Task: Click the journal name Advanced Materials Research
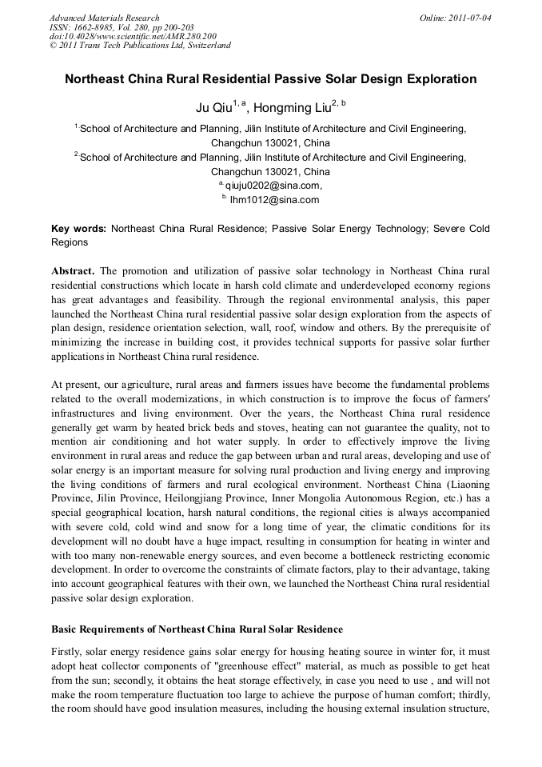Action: point(104,18)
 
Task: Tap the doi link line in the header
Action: point(133,36)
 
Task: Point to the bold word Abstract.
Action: point(73,270)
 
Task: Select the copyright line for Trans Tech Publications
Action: point(140,46)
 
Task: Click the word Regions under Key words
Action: point(70,242)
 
